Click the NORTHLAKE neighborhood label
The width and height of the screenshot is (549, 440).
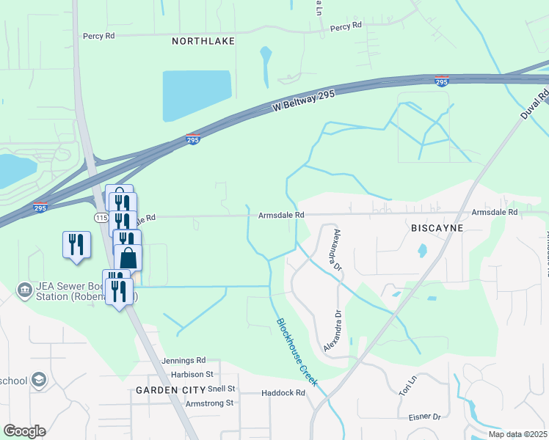tap(203, 42)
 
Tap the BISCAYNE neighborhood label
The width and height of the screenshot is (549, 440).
tap(437, 228)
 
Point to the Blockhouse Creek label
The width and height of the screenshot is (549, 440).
tap(297, 352)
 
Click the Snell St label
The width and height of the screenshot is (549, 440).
tap(221, 388)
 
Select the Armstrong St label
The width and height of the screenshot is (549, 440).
tap(209, 403)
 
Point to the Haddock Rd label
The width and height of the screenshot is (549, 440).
tap(283, 393)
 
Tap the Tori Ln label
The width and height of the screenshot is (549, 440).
tap(407, 383)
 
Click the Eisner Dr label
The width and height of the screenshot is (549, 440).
tap(426, 417)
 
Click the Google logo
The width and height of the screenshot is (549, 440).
tap(24, 430)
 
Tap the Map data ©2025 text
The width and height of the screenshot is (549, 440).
tap(517, 433)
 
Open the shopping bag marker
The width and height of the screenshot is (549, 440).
tap(128, 257)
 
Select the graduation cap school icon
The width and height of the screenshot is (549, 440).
tap(38, 379)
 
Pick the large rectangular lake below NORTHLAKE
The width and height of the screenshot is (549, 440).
tap(197, 95)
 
